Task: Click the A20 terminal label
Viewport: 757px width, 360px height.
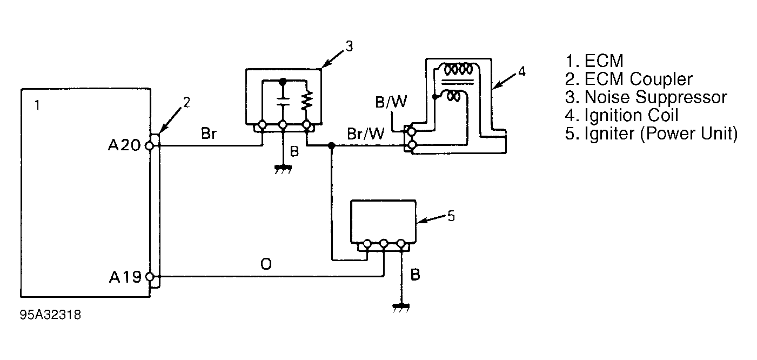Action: [124, 145]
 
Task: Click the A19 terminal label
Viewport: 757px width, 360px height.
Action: [125, 277]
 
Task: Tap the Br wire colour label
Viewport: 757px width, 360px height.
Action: [209, 133]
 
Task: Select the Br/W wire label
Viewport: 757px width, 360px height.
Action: [366, 134]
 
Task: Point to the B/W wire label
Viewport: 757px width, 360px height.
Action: [391, 102]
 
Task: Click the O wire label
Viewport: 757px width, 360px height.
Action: [266, 264]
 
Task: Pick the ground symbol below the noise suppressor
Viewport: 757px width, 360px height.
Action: [283, 169]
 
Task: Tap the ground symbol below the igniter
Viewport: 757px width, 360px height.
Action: [401, 308]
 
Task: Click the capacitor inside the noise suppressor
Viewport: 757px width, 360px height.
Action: [283, 102]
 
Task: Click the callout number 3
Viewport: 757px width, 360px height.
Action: [349, 46]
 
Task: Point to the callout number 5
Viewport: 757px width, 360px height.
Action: [451, 216]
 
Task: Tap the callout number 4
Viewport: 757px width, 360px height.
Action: [522, 72]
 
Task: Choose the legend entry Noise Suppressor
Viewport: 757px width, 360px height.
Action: [646, 97]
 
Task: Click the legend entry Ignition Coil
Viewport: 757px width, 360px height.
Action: [621, 115]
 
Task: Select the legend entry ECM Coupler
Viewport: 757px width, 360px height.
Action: [628, 79]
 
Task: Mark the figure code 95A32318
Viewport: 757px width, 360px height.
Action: [50, 315]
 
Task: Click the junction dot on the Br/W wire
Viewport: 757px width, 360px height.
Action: [332, 146]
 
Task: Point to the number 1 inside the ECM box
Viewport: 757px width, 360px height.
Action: [37, 106]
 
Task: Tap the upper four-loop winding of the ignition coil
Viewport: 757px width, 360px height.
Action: [458, 70]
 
